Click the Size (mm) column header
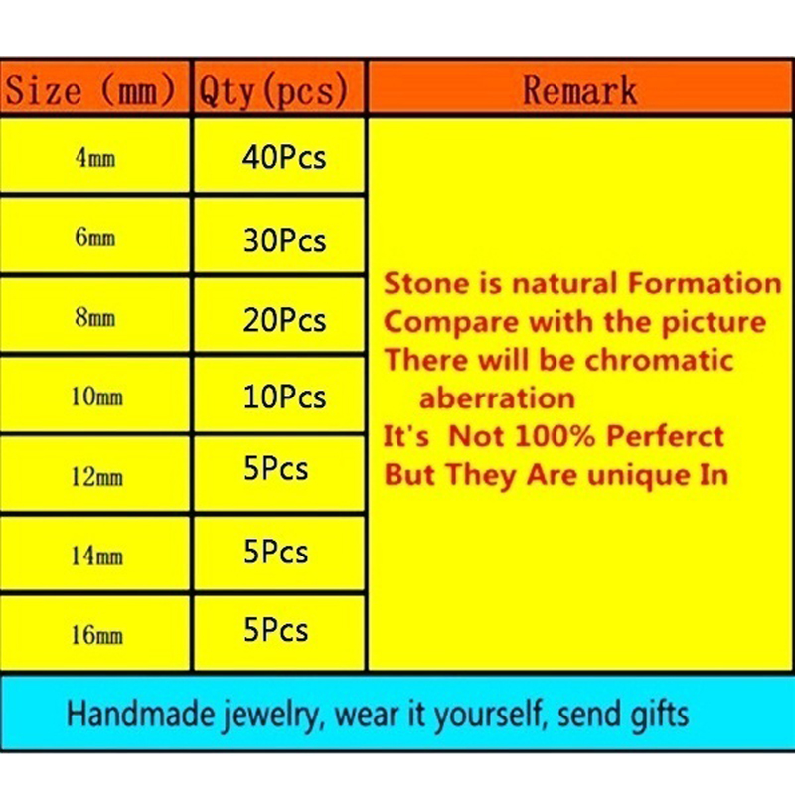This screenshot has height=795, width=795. pos(90,90)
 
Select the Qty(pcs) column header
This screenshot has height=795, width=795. pos(273,90)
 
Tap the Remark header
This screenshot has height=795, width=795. pos(579,90)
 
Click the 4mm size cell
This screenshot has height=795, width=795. pos(95,158)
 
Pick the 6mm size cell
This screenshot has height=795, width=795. pos(95,238)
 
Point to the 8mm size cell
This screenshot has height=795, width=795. pos(95,317)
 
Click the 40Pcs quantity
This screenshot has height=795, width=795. pos(284,157)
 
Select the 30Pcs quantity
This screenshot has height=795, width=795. pos(284,240)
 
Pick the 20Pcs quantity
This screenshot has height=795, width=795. pos(284,320)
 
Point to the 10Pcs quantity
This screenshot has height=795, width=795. pos(284,397)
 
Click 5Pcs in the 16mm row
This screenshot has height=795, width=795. pos(276,630)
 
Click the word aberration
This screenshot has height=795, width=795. pos(498,398)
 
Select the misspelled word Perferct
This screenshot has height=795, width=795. pos(665,436)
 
